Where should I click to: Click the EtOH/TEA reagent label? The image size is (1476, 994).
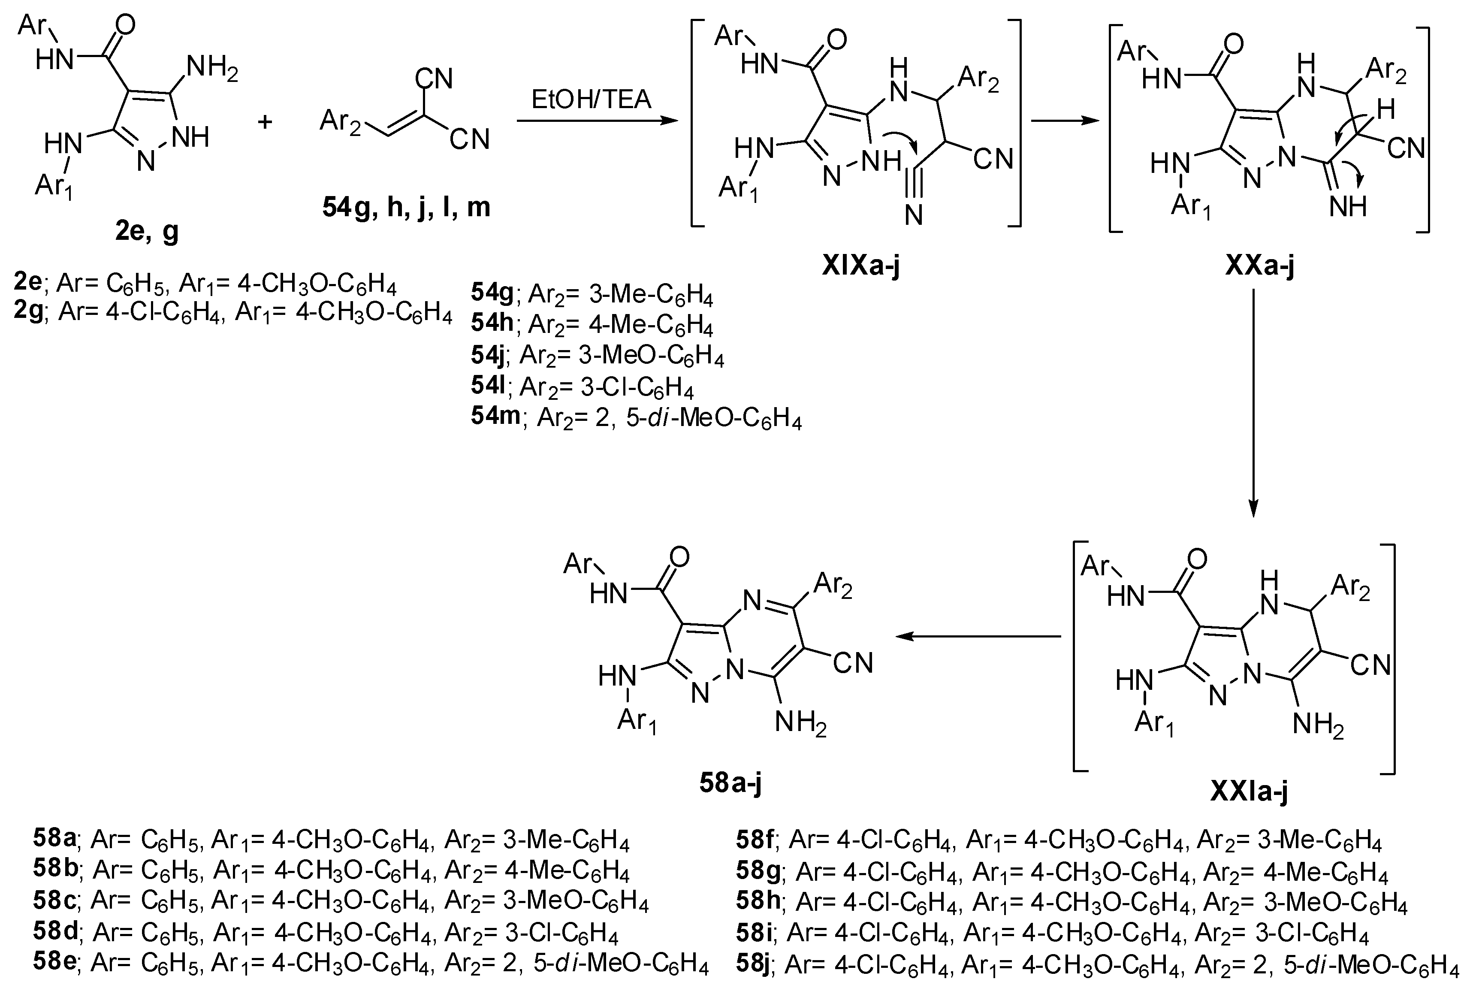(591, 100)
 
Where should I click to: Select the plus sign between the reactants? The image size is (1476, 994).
(265, 121)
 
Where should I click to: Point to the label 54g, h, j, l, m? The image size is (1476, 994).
(406, 207)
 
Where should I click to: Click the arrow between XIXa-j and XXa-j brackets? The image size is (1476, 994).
(1065, 121)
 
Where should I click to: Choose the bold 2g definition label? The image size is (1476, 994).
(28, 312)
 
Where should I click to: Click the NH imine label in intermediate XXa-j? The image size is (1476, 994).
(1348, 207)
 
